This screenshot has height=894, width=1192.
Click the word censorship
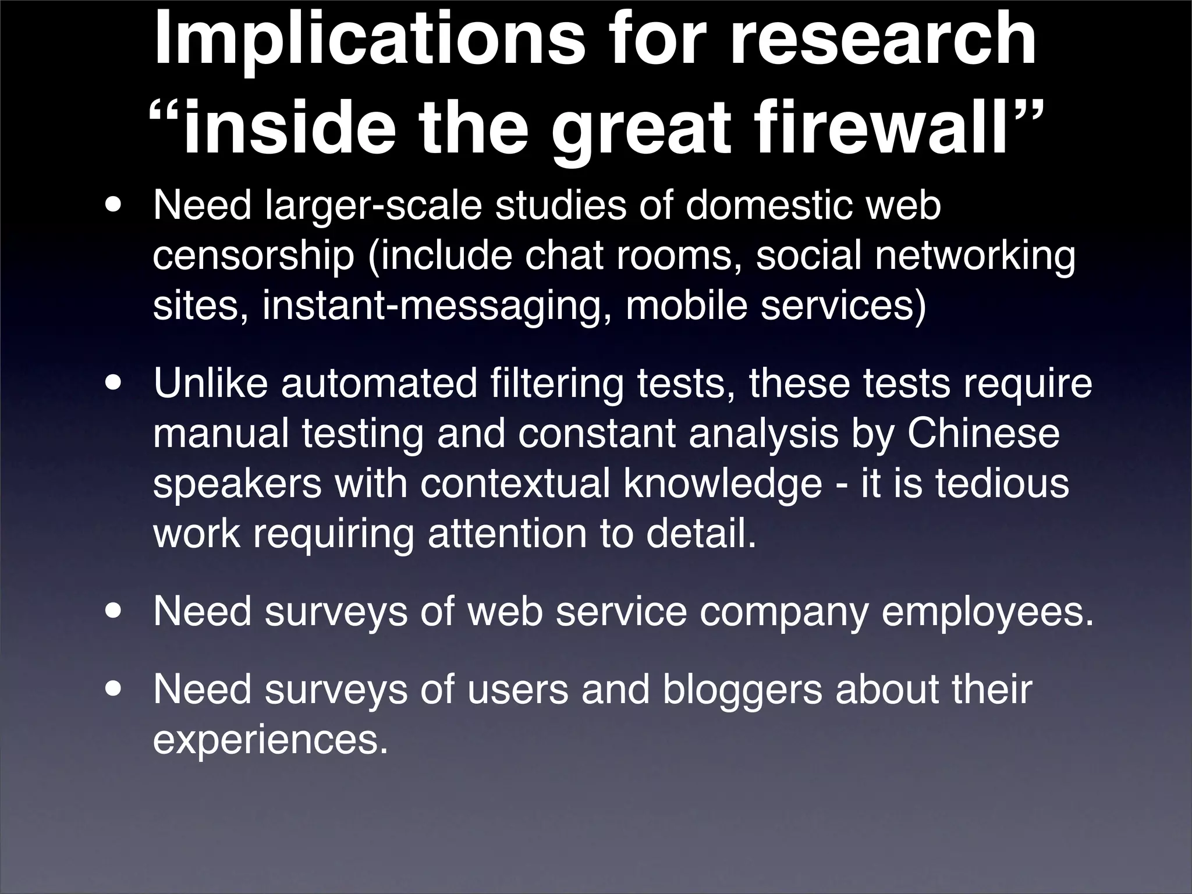(x=253, y=257)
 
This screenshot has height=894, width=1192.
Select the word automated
(x=379, y=384)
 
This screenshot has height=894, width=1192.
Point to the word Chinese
(x=983, y=434)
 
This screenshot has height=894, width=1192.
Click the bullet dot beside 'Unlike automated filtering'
(x=115, y=385)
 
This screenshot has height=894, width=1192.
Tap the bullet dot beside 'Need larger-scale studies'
(x=115, y=207)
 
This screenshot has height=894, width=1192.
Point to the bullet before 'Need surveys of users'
(x=115, y=690)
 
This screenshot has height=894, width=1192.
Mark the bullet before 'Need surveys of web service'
(x=115, y=612)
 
